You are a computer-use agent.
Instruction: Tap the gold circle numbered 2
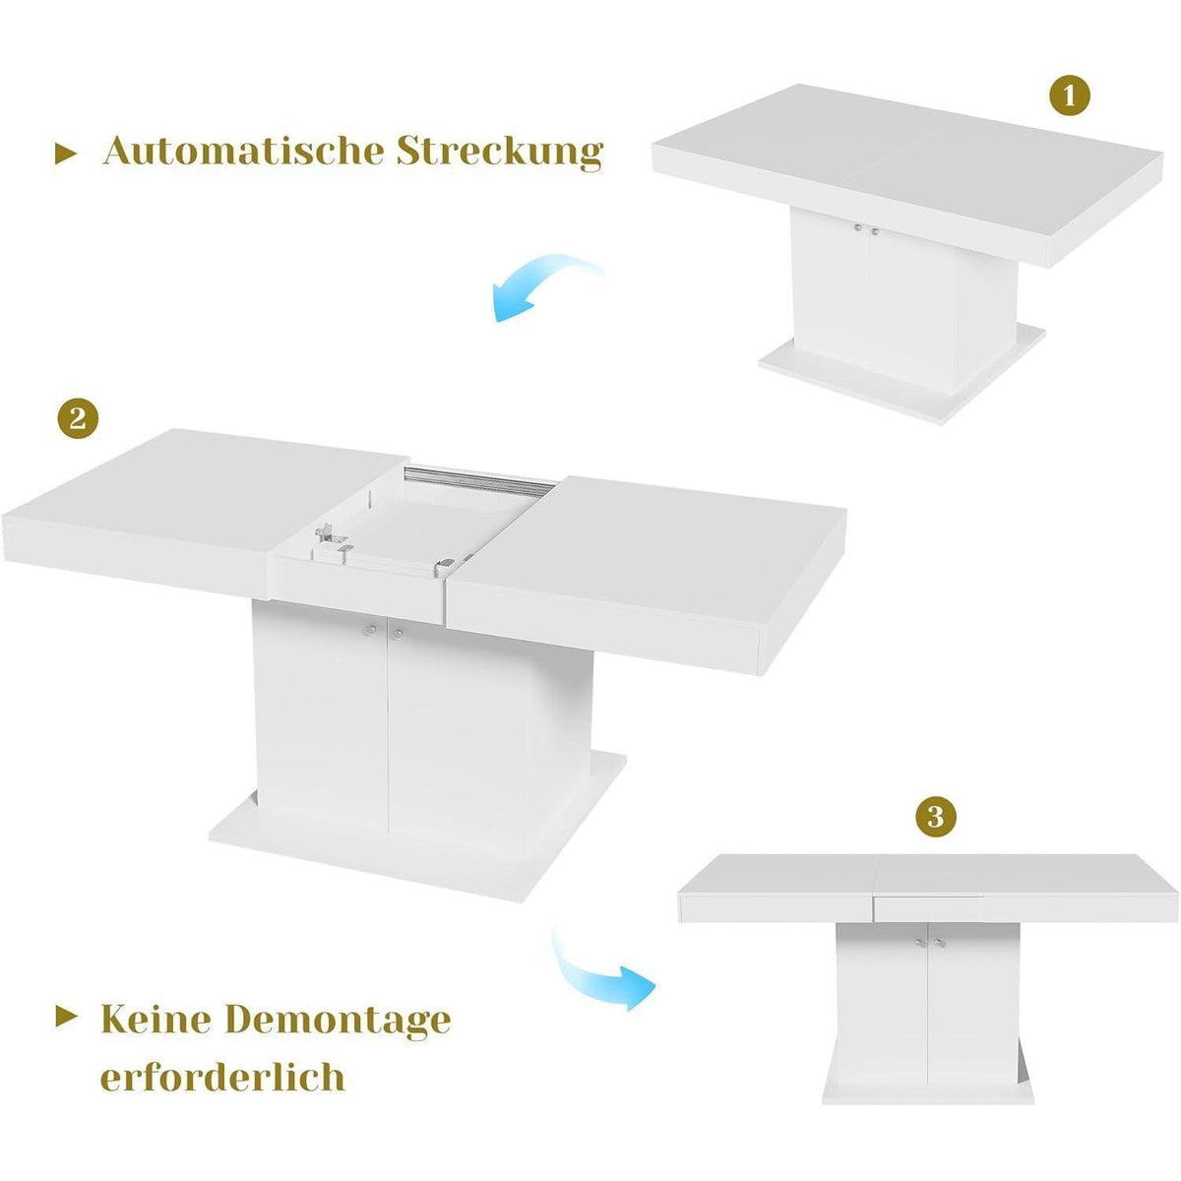pyautogui.click(x=77, y=419)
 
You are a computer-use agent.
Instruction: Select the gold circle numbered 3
pyautogui.click(x=934, y=817)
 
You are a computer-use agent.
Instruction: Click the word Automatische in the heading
pyautogui.click(x=243, y=152)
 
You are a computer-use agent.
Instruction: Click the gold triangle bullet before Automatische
pyautogui.click(x=66, y=154)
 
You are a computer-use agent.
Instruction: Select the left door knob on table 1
pyautogui.click(x=857, y=228)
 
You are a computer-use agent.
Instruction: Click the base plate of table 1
pyautogui.click(x=901, y=374)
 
